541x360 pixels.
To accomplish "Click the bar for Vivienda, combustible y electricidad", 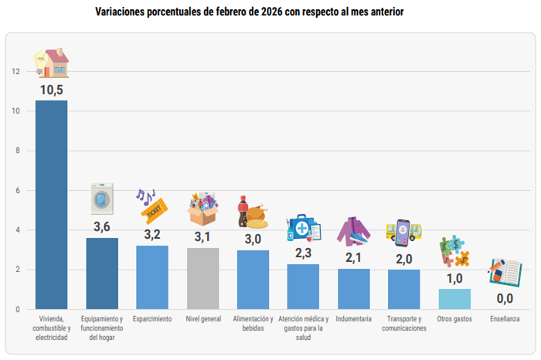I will (51, 205).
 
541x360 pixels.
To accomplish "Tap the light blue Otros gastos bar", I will (454, 299).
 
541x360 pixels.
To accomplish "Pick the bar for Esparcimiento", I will (152, 277).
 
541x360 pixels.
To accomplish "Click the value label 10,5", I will (51, 90).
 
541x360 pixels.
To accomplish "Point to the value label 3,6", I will (102, 227).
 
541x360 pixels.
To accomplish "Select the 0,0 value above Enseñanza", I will (505, 298).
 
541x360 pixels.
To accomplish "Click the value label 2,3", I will (303, 253).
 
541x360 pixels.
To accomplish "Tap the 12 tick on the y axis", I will (15, 72).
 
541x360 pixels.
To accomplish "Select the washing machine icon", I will (102, 199).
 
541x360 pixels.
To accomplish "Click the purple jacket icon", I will (353, 231).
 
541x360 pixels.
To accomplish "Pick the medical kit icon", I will (303, 229).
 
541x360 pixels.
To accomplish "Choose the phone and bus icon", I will (404, 232).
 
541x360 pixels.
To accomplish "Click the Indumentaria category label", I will (354, 318).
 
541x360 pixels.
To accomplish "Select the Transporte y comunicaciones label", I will (404, 323).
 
